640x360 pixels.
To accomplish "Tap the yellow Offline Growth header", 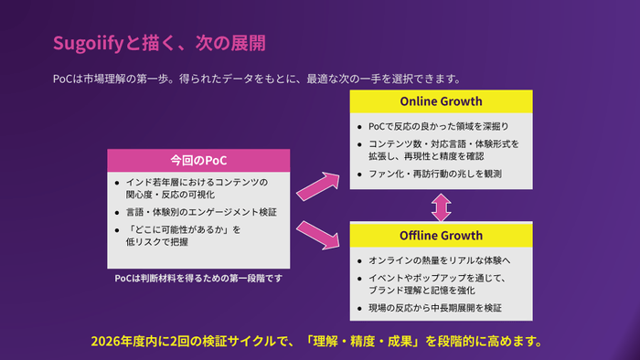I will coord(442,235).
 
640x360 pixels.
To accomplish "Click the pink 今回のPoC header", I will coord(198,159).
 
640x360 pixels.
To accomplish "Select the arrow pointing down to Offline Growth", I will coord(317,233).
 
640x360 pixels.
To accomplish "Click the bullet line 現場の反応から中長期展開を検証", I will coord(434,308).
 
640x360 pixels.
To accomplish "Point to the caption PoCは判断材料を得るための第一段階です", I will coord(199,278).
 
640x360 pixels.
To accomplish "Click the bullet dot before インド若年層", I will coord(117,182).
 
